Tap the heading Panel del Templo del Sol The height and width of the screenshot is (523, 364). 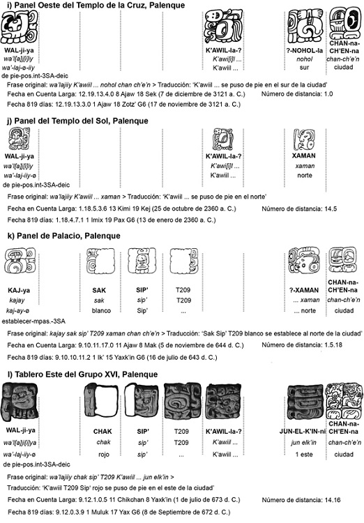[77, 121]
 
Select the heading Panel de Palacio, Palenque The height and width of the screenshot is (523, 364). [63, 236]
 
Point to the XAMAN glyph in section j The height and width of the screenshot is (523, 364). [303, 139]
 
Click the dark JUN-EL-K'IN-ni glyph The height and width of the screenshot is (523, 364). [304, 402]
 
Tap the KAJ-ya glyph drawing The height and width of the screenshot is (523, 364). [20, 261]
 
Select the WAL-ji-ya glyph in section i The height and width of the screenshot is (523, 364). [19, 26]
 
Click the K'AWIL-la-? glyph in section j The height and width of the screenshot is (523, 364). [223, 139]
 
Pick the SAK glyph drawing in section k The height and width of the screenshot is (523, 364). [100, 261]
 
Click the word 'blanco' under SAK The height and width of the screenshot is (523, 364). [101, 310]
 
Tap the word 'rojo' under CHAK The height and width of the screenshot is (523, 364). [104, 454]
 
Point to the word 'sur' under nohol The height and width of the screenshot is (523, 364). [304, 68]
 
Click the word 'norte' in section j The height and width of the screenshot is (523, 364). [305, 175]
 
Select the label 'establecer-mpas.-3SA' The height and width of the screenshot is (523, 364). [33, 321]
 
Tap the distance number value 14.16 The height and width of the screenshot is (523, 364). [333, 500]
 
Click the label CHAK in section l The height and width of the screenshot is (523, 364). [103, 431]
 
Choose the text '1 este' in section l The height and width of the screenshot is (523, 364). [304, 454]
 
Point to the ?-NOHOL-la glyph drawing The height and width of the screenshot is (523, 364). [305, 26]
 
